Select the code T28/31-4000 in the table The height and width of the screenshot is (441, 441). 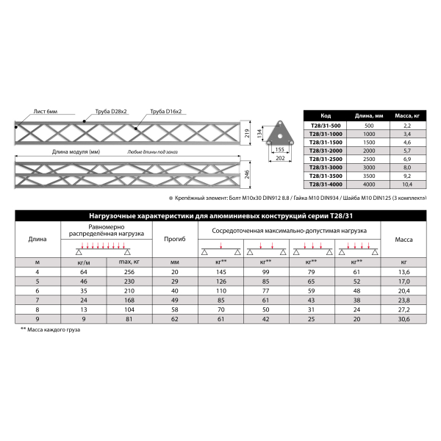point(326,184)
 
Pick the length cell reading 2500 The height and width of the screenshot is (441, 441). point(369,159)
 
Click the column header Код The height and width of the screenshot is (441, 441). point(326,116)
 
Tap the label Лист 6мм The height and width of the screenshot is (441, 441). point(45,111)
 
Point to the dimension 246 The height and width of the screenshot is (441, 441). point(248,174)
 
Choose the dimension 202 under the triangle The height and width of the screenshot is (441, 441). point(279,157)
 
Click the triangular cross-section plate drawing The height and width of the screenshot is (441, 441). point(279,132)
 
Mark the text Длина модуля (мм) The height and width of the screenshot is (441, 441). point(76,153)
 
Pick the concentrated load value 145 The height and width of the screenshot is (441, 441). point(220,273)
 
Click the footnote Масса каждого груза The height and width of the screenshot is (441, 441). point(52,330)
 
